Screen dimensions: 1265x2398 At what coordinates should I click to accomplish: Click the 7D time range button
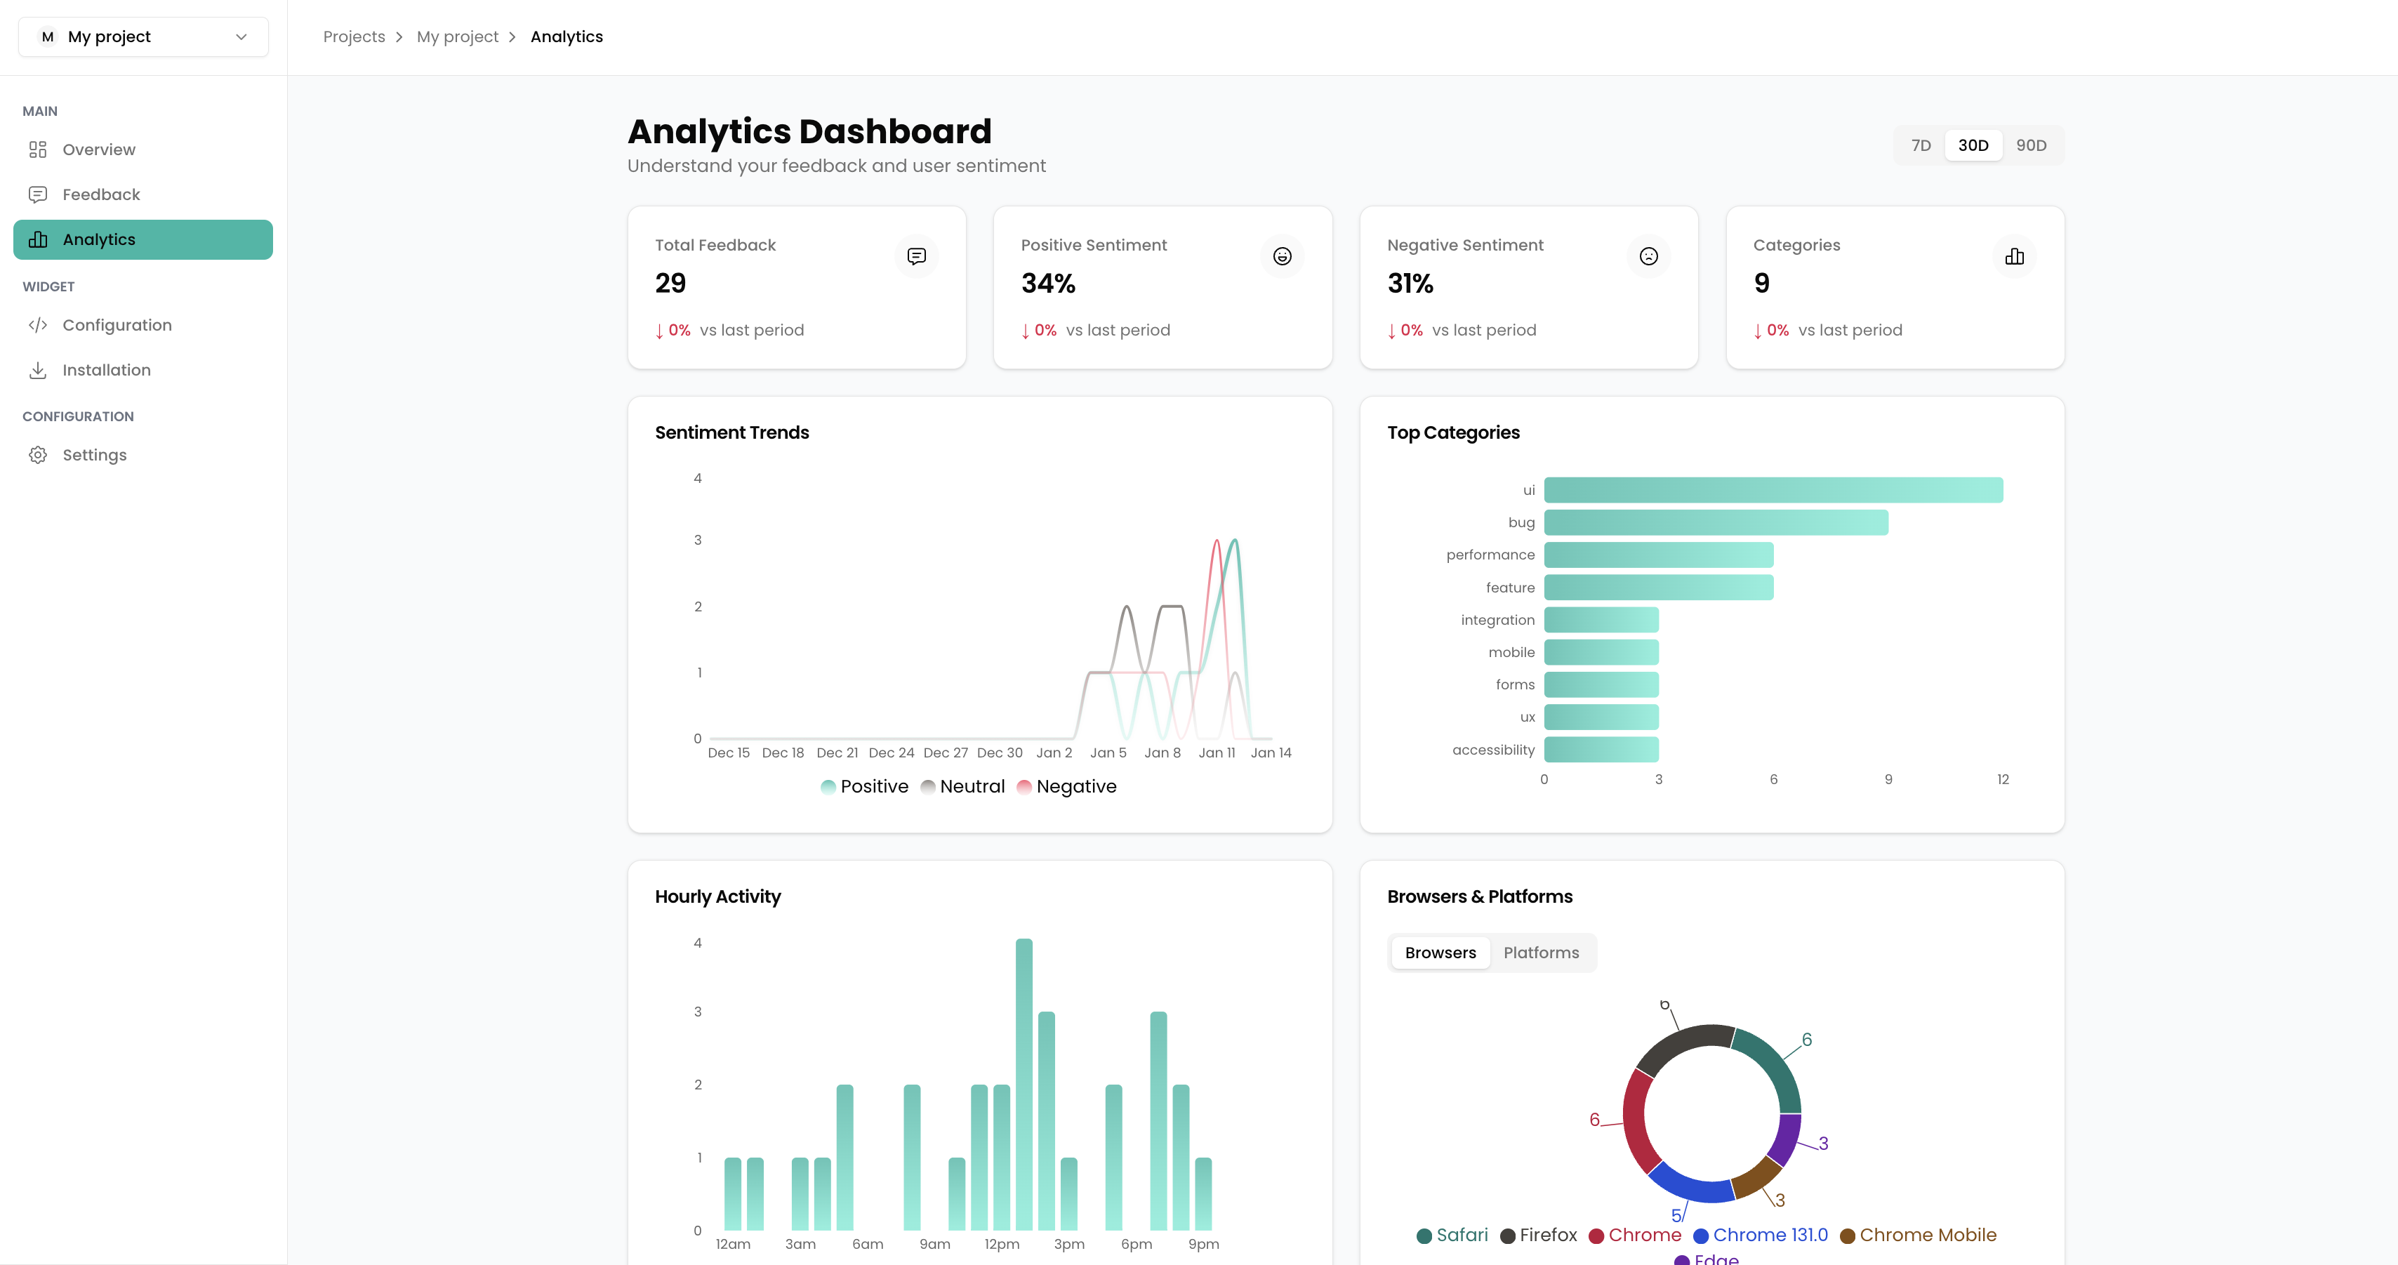pos(1921,145)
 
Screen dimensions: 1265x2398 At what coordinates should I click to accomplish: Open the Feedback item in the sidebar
pos(100,194)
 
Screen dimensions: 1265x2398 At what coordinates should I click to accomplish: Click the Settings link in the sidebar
pos(94,455)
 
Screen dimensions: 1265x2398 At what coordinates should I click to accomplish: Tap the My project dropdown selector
pos(143,37)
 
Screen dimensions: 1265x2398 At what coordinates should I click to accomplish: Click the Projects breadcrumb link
pos(354,37)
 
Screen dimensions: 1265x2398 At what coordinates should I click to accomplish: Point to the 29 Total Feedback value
pos(670,283)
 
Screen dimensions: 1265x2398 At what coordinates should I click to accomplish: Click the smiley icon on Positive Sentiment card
pos(1282,256)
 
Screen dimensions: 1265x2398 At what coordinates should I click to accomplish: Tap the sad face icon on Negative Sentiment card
pos(1648,256)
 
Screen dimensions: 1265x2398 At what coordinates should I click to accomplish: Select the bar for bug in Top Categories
pos(1715,522)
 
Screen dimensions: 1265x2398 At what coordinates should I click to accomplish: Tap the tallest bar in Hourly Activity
pos(1024,1085)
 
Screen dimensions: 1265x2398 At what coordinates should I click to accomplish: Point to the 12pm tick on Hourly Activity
pos(1002,1245)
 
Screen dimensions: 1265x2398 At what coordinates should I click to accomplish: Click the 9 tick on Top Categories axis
pos(1888,780)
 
